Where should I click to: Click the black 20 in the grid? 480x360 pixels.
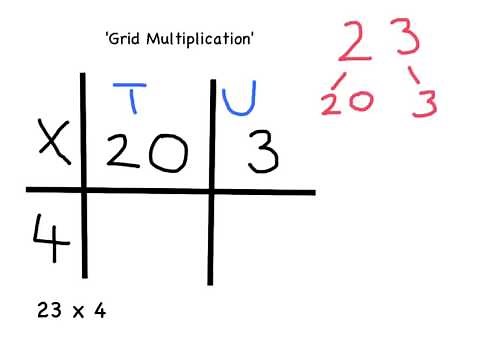coord(145,151)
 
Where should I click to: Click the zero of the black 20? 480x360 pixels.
coord(167,151)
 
